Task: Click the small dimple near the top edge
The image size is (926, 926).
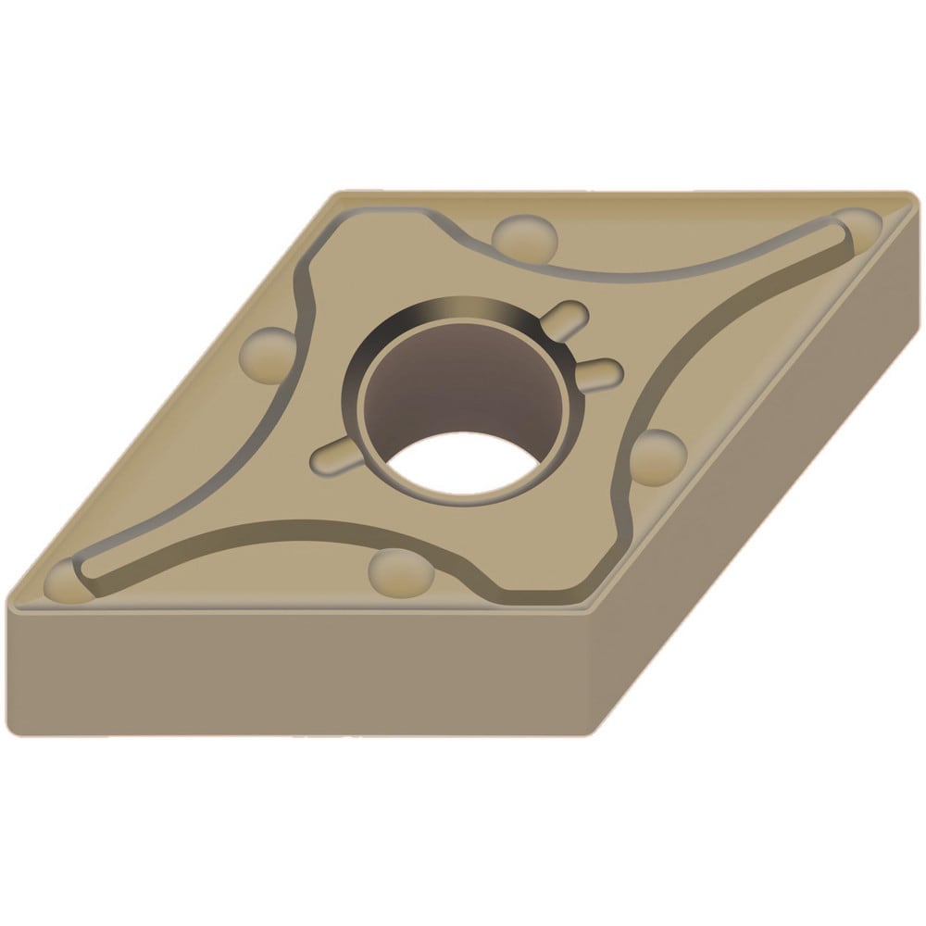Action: [x=525, y=237]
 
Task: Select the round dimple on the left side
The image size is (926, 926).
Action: [x=268, y=355]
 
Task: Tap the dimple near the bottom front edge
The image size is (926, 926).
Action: [x=400, y=572]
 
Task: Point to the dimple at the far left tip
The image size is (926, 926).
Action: [x=67, y=581]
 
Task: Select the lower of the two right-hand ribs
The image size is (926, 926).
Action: [x=602, y=370]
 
